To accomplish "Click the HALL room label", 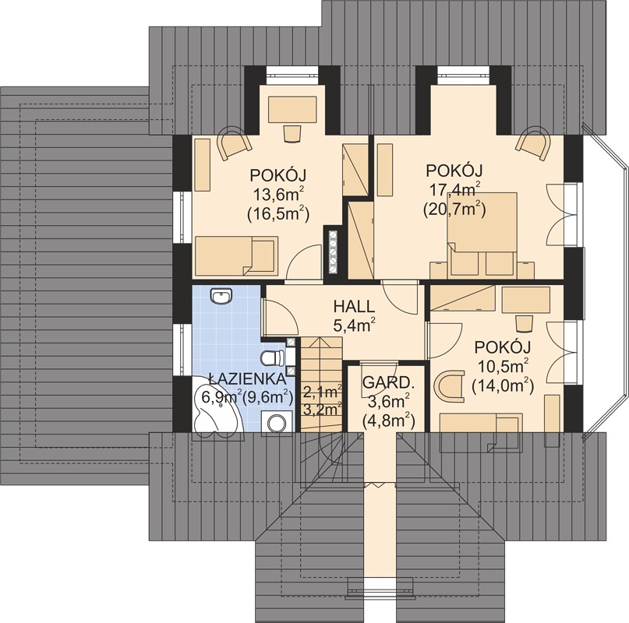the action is pyautogui.click(x=354, y=307).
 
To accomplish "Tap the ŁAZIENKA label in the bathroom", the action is pyautogui.click(x=248, y=378).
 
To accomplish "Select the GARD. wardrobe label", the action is pyautogui.click(x=387, y=382).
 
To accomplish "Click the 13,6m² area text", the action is pyautogui.click(x=278, y=195).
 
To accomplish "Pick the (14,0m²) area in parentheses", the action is pyautogui.click(x=503, y=385).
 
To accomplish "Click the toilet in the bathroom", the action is pyautogui.click(x=272, y=358).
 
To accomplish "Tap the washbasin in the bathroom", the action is pyautogui.click(x=221, y=296).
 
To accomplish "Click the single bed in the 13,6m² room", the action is pyautogui.click(x=236, y=255).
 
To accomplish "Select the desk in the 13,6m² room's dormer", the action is pyautogui.click(x=292, y=110).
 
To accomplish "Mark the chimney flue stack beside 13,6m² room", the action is pyautogui.click(x=333, y=252).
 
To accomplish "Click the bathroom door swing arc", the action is pyautogui.click(x=281, y=318).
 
